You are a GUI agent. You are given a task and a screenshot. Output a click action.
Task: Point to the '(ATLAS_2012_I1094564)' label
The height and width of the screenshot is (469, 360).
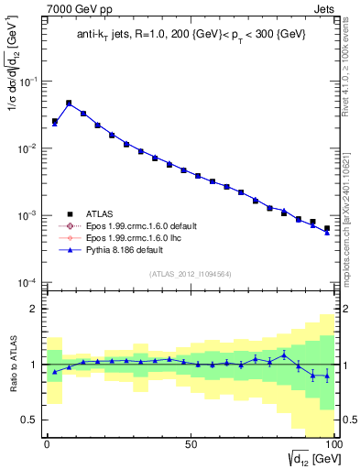[191, 273]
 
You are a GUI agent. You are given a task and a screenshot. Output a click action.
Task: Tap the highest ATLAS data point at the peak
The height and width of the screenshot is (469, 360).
[69, 104]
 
